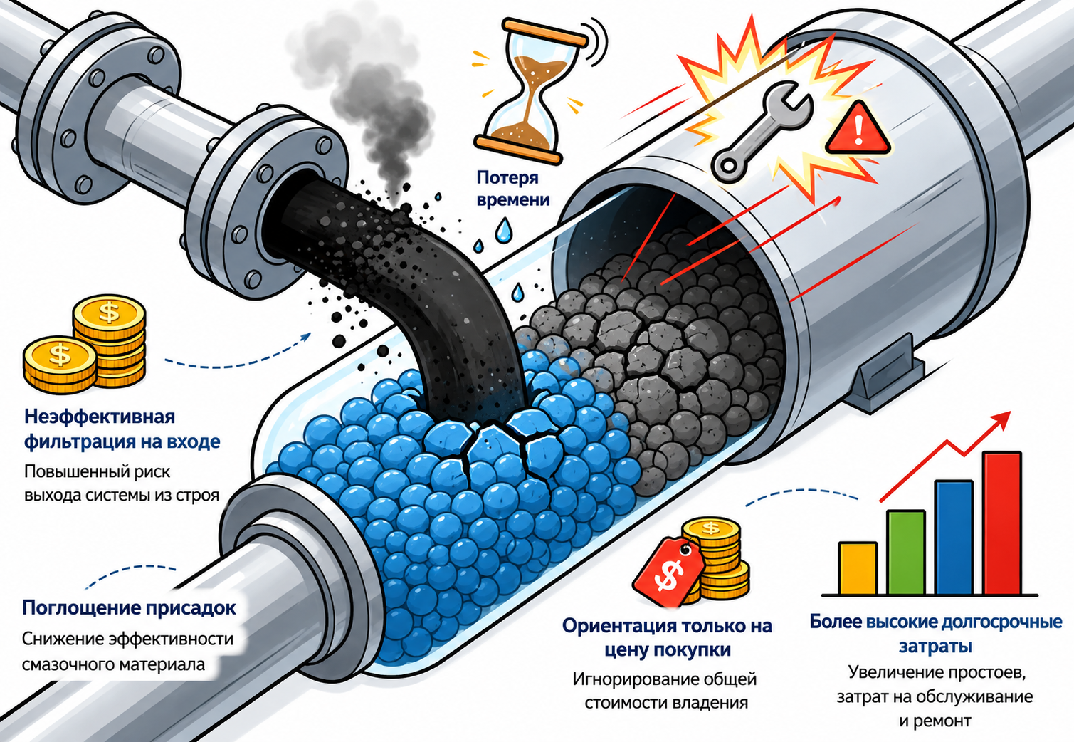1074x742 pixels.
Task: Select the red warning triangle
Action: (858, 129)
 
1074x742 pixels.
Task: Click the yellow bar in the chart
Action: (858, 568)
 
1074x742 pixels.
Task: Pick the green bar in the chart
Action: (906, 553)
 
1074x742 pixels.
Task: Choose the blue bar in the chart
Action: (954, 538)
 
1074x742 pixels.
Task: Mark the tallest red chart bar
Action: (1002, 523)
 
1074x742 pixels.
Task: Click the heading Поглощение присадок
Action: (129, 608)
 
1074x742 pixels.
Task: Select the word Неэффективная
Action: (100, 417)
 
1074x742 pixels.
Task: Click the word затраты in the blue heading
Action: (935, 646)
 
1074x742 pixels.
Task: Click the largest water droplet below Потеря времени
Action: (503, 229)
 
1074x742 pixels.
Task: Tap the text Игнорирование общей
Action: (665, 679)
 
